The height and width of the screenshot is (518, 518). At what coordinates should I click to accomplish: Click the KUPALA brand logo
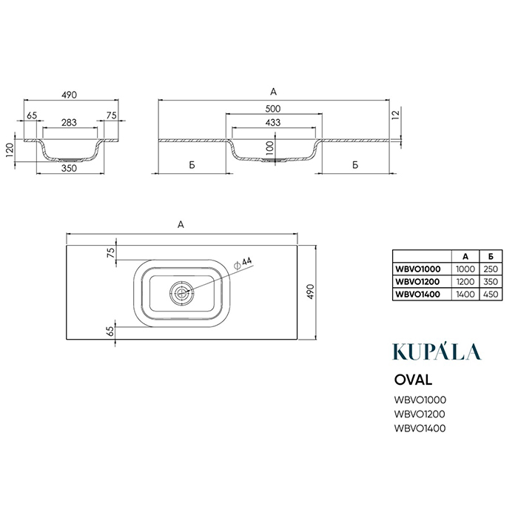(437, 351)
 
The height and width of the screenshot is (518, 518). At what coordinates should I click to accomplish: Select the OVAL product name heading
(413, 380)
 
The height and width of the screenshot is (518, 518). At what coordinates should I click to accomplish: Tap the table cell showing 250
(491, 269)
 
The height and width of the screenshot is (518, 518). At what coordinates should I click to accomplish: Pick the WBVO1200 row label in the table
(417, 281)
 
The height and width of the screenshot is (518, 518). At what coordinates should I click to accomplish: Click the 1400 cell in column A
(465, 294)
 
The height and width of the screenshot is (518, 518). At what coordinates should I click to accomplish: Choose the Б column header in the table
(491, 256)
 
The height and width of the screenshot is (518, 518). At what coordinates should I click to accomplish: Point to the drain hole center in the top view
(181, 292)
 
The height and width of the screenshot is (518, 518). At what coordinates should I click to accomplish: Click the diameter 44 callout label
(243, 263)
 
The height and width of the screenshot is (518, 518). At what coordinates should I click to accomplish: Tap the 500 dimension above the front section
(273, 109)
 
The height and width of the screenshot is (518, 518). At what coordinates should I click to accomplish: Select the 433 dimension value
(273, 123)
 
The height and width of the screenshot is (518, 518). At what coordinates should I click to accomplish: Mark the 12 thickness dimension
(396, 115)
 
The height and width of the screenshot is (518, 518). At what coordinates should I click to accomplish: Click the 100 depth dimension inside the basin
(270, 147)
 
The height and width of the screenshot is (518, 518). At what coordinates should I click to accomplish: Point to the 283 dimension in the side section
(69, 123)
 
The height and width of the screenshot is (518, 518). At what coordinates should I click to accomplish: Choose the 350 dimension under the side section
(69, 168)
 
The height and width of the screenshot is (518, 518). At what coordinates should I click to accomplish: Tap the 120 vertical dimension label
(10, 150)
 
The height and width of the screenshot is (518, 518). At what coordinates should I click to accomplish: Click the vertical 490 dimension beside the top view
(311, 292)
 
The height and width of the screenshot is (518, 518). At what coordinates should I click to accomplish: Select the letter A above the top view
(181, 225)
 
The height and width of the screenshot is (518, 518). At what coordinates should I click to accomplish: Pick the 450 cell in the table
(491, 294)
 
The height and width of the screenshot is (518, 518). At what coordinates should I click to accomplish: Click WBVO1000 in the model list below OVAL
(420, 400)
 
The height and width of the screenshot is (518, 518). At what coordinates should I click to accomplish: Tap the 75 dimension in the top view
(111, 252)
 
